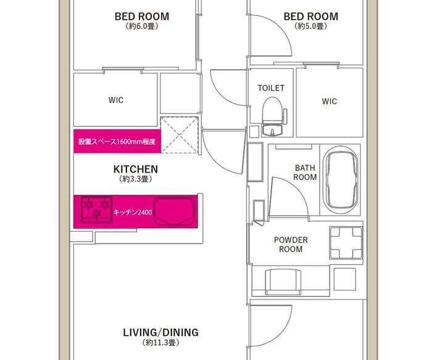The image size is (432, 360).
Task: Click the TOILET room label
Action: (271, 88)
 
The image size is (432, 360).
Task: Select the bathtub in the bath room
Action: (341, 180)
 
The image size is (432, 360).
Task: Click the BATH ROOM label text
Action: (305, 173)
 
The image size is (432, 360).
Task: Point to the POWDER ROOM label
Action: (291, 244)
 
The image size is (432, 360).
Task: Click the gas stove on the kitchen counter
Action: (97, 210)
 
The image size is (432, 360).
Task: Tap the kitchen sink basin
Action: (174, 211)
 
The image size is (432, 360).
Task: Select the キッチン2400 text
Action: (133, 212)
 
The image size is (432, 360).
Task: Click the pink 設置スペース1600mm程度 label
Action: (117, 141)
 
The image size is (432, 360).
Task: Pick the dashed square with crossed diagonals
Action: (180, 135)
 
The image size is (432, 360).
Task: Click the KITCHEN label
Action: (136, 169)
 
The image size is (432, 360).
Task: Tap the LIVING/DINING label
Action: (160, 332)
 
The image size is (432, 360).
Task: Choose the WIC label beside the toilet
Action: (329, 102)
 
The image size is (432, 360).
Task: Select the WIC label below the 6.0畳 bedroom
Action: (116, 100)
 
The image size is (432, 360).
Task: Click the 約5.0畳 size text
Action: (311, 27)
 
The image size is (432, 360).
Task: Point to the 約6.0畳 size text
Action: (142, 27)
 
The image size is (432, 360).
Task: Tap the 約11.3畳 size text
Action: (161, 343)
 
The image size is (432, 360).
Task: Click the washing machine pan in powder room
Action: (346, 243)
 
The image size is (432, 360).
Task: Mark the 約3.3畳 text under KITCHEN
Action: (136, 179)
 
